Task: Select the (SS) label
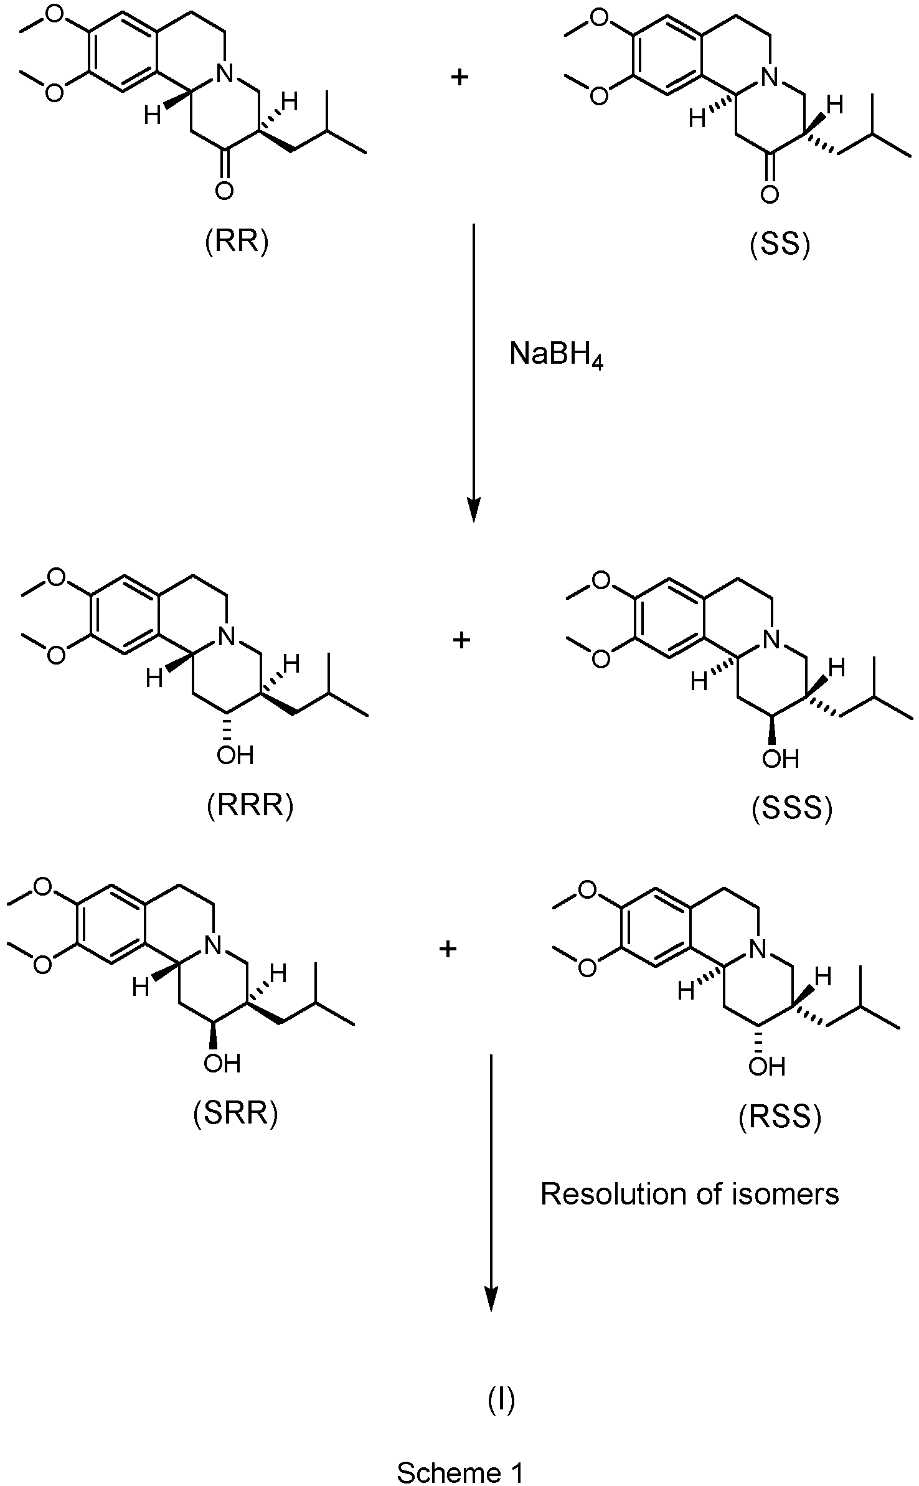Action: click(780, 245)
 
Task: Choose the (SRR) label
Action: click(236, 1113)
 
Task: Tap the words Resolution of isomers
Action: click(689, 1195)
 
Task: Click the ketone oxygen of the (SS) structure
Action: click(770, 194)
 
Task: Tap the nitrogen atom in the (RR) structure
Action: click(224, 75)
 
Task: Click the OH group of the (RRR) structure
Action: click(235, 755)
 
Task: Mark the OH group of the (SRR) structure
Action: click(222, 1062)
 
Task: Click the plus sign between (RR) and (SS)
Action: click(459, 78)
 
